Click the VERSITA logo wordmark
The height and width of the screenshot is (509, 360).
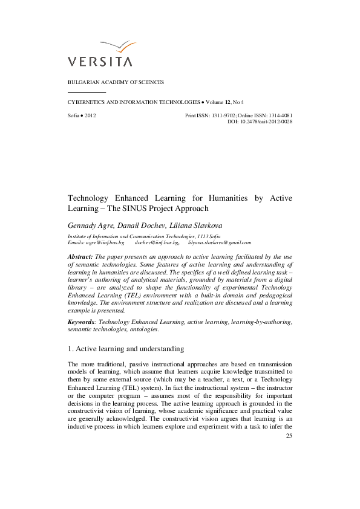(100, 61)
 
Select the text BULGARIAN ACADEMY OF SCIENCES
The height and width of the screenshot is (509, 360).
(115, 82)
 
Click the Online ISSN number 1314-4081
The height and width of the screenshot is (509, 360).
(279, 115)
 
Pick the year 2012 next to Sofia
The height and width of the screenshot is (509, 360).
(90, 115)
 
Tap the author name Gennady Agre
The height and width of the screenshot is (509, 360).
(88, 225)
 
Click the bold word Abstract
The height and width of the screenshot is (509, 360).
(80, 257)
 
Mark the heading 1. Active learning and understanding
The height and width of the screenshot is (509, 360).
(125, 349)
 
